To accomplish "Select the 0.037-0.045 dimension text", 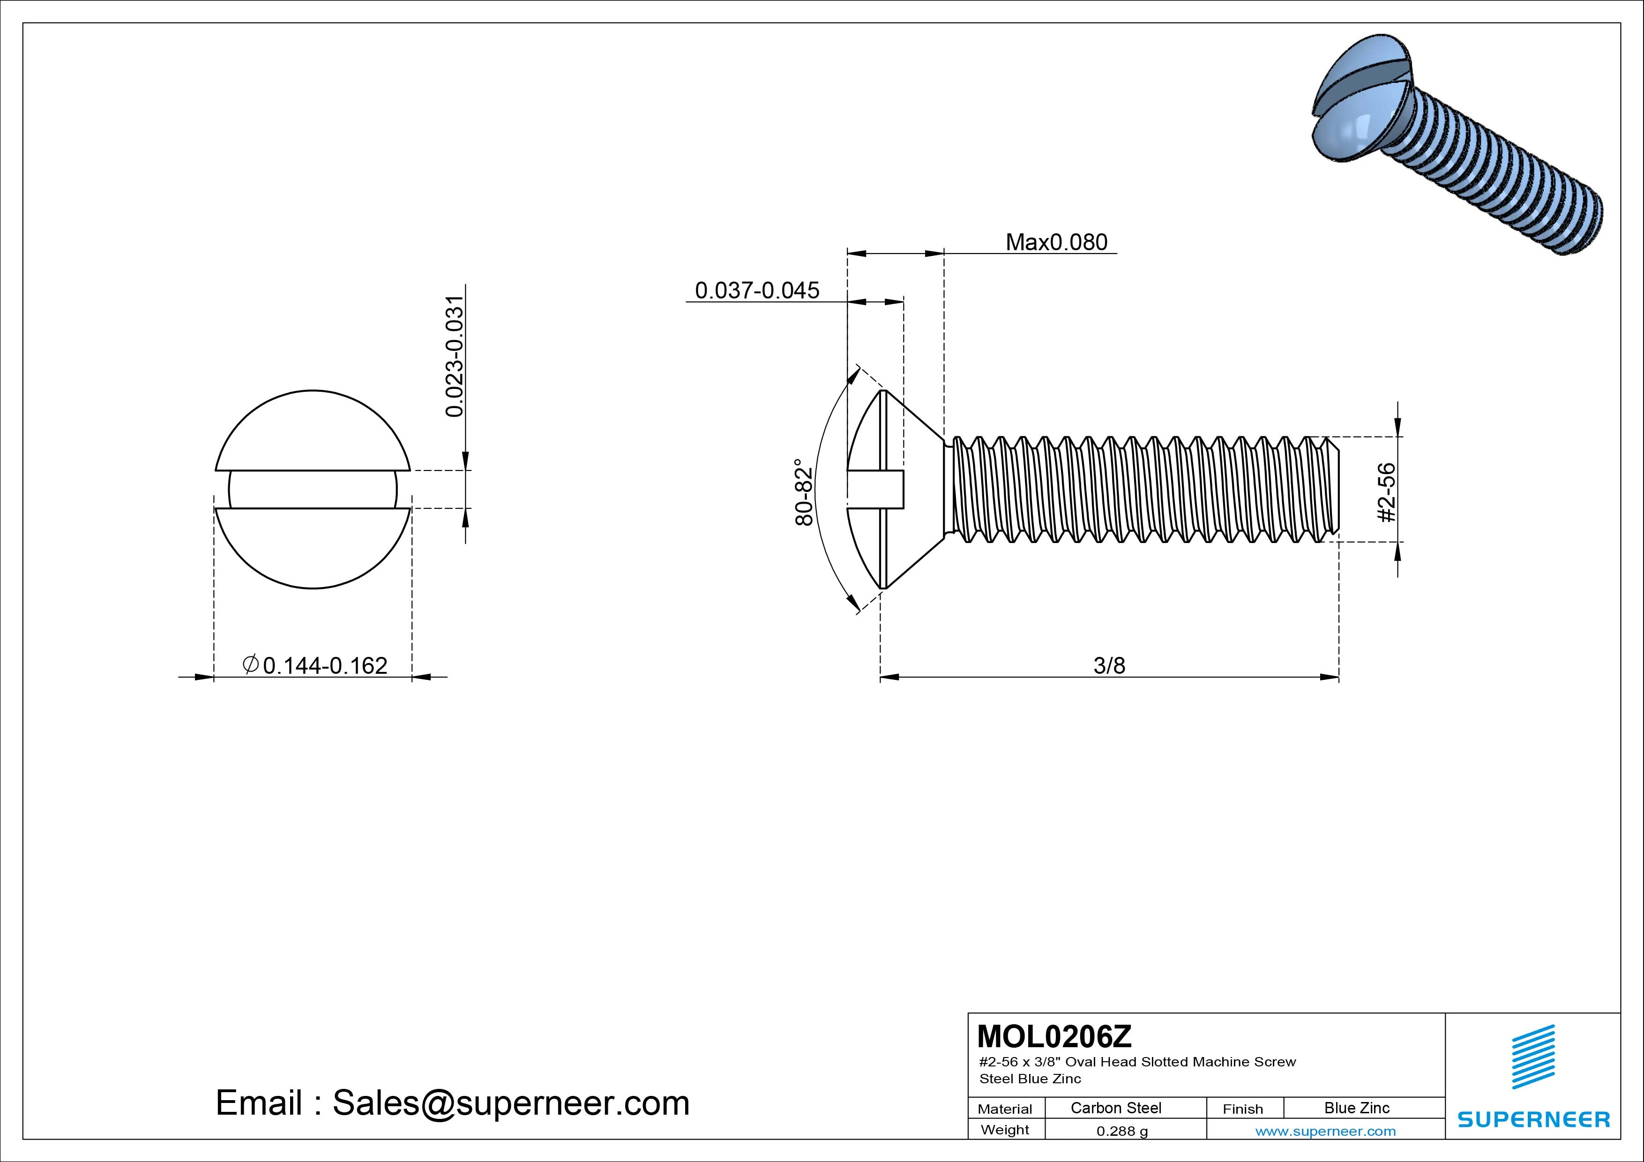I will [757, 290].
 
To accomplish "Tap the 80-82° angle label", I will [804, 492].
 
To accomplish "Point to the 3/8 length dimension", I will [1109, 666].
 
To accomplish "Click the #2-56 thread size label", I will [1387, 492].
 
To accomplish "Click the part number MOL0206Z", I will [1054, 1036].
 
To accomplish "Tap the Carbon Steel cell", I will [1115, 1108].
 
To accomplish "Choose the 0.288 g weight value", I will [1121, 1131].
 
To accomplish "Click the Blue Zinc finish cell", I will [1356, 1108].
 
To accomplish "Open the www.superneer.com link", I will [1325, 1131].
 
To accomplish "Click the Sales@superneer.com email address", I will [510, 1103].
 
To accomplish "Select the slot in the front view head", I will [313, 490].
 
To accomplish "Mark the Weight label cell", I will [1005, 1130].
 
